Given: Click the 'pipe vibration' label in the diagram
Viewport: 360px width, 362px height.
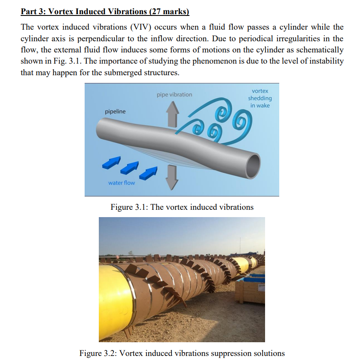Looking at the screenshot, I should [174, 95].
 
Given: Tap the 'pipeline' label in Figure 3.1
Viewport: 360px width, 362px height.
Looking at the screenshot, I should [115, 112].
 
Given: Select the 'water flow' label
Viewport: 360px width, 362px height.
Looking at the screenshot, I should [121, 183].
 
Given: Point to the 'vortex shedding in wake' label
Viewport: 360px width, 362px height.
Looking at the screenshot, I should [260, 98].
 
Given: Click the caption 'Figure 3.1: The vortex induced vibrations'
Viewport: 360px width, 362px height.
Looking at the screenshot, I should [182, 207].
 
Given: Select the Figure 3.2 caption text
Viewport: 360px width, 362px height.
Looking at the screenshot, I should [182, 353].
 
